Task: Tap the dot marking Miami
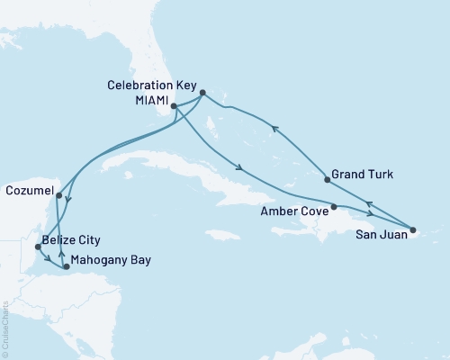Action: coord(174,106)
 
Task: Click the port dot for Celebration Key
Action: coord(202,92)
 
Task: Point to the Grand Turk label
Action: coord(362,174)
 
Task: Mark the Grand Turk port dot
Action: coord(327,181)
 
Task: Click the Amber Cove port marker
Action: coord(334,207)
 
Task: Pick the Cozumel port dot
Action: coord(58,194)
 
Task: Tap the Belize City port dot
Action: coord(36,246)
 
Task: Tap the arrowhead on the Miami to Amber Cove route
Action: coord(238,166)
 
